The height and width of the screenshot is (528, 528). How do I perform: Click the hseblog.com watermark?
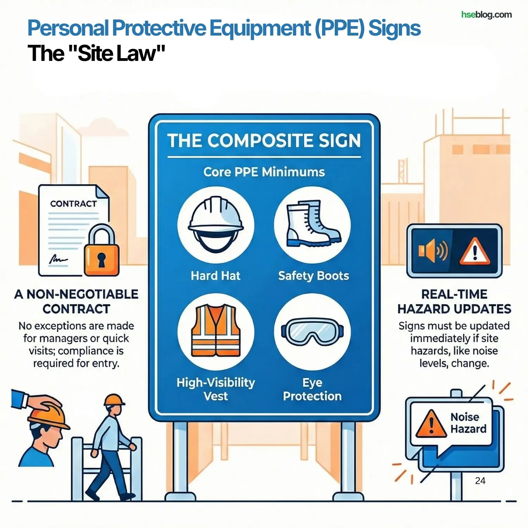(486, 15)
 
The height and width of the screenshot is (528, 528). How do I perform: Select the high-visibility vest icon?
(216, 331)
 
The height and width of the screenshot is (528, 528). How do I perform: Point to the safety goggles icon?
(312, 332)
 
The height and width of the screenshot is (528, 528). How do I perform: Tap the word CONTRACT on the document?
(73, 204)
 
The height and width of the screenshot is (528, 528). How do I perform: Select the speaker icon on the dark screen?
(433, 251)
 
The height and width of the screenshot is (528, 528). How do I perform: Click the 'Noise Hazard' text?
(468, 423)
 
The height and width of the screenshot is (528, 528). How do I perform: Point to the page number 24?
(480, 481)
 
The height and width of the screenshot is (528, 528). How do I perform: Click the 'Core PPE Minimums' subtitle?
(264, 172)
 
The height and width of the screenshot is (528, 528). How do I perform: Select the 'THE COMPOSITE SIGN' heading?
(264, 140)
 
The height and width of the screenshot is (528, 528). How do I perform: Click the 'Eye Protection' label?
(312, 389)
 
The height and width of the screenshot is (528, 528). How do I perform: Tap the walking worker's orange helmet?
(114, 400)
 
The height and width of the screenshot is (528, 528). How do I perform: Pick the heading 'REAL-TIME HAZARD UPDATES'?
(454, 302)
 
